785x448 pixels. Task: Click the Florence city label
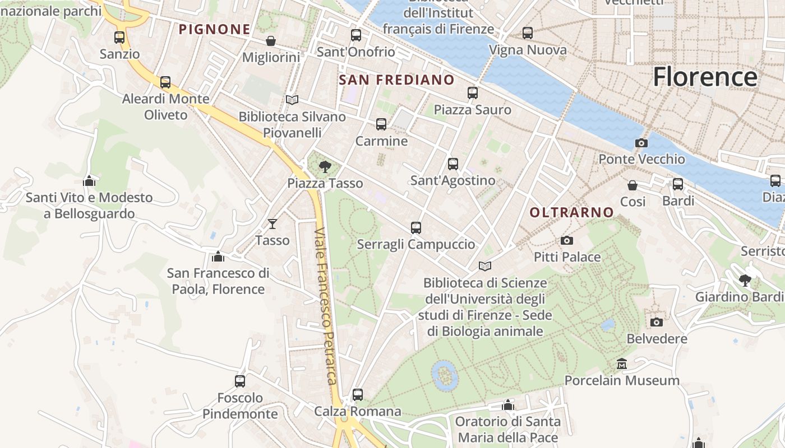point(705,76)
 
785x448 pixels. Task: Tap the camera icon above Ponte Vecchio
point(641,143)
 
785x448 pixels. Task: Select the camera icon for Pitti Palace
point(567,241)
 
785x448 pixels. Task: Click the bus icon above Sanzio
point(119,38)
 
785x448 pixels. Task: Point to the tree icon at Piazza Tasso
point(325,166)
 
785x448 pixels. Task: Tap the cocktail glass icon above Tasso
point(273,224)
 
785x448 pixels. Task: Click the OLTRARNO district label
point(571,212)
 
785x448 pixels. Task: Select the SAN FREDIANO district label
point(396,80)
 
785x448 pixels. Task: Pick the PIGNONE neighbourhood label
point(214,29)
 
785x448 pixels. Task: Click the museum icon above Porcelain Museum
point(621,364)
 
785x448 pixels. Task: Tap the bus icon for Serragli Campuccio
point(415,228)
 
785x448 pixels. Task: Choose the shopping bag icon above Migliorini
point(271,41)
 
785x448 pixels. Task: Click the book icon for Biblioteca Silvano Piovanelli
point(292,100)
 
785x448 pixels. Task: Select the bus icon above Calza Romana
point(358,395)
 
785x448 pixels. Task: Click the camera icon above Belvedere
point(657,322)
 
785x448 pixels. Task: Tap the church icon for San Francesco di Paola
point(218,256)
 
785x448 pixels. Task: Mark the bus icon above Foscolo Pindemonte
point(240,381)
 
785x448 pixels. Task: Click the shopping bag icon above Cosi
point(632,185)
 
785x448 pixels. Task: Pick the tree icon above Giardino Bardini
point(745,280)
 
